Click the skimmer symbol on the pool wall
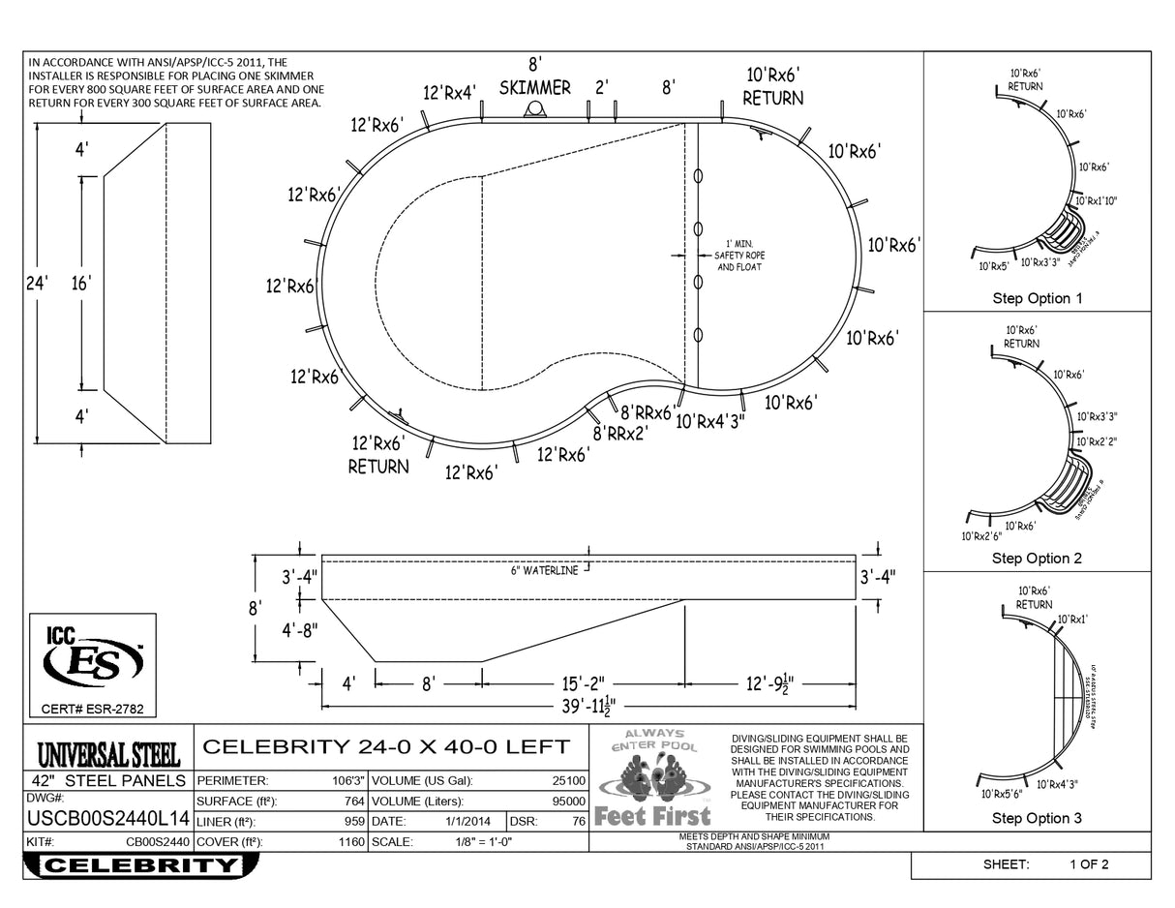click(534, 110)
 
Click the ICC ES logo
click(93, 658)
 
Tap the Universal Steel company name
click(108, 753)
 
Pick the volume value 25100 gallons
click(568, 780)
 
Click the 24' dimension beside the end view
click(37, 284)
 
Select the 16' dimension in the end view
click(81, 284)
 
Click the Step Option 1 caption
click(1037, 298)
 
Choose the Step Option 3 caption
click(1037, 818)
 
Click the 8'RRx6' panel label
click(647, 413)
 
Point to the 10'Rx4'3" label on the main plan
click(711, 421)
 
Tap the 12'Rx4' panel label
click(449, 93)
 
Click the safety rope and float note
click(738, 256)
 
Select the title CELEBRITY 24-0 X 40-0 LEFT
click(385, 746)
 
